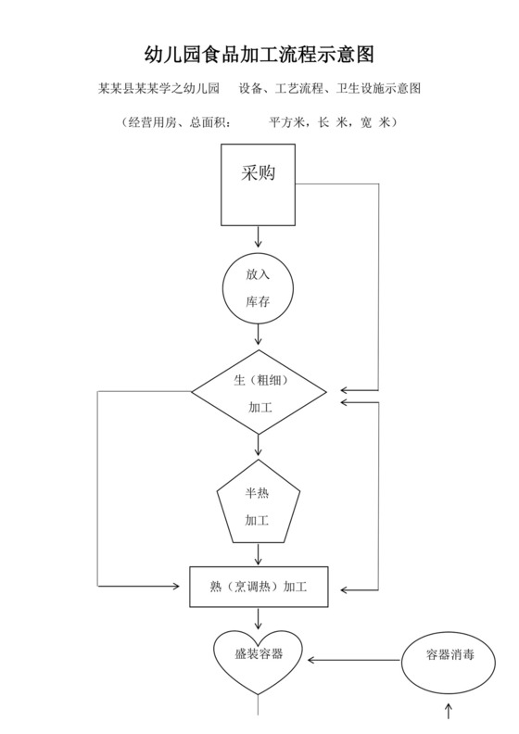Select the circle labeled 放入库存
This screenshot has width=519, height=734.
click(259, 288)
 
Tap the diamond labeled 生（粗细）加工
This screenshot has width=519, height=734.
click(259, 392)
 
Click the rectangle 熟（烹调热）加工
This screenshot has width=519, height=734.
click(259, 587)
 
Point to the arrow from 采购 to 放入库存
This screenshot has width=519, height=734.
click(259, 237)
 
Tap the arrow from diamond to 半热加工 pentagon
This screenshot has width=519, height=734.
click(259, 447)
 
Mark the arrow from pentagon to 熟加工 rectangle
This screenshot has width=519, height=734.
click(259, 554)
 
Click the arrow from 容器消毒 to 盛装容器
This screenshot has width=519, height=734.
click(354, 660)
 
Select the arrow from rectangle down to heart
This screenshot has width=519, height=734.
click(259, 618)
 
